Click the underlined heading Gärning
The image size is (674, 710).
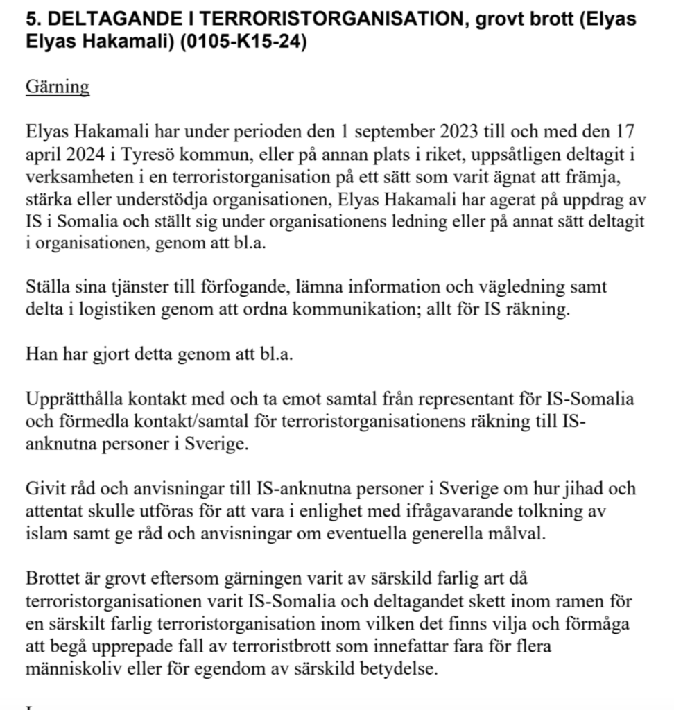coord(57,87)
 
